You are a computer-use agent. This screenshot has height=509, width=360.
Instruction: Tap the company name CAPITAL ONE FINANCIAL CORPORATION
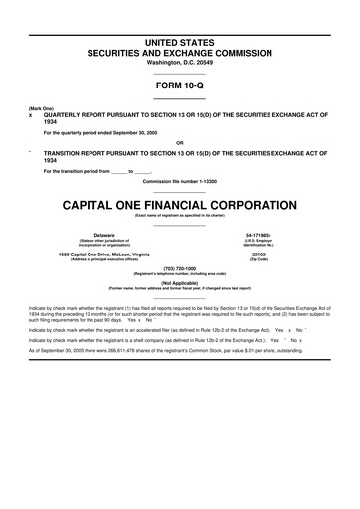180,183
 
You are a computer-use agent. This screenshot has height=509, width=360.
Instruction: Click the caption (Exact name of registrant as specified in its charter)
180,195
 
